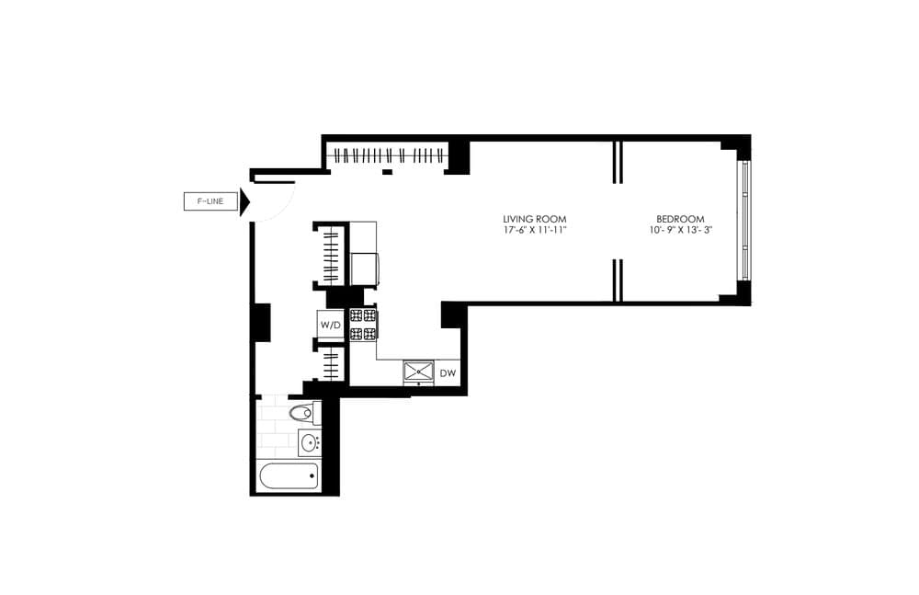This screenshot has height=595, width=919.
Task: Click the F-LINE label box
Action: (x=210, y=201)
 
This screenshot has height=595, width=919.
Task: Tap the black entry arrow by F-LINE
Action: (x=244, y=202)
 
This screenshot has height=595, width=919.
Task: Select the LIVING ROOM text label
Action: (x=534, y=218)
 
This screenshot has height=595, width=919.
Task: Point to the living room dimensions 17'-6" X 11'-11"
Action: (x=534, y=230)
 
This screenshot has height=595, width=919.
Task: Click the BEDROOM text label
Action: (x=680, y=218)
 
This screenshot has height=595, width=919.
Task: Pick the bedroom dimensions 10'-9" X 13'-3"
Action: (x=680, y=230)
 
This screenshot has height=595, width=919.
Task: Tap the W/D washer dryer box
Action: (x=331, y=325)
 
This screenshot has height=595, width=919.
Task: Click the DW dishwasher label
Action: (x=448, y=373)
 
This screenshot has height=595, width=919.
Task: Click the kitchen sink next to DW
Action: (x=419, y=372)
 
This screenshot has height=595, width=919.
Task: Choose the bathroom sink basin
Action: (x=309, y=443)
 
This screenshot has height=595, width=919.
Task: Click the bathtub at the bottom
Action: (x=289, y=476)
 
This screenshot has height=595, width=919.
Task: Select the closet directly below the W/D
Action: (x=331, y=362)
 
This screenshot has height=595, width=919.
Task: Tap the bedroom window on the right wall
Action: (x=745, y=222)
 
